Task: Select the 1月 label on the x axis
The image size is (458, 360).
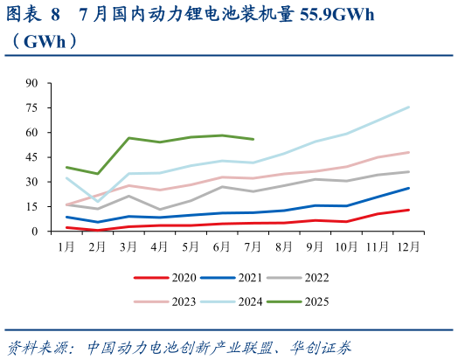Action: pyautogui.click(x=66, y=247)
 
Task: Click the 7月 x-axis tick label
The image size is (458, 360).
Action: pyautogui.click(x=253, y=247)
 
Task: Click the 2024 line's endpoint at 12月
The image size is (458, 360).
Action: pyautogui.click(x=409, y=107)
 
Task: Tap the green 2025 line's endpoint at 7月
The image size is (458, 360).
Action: pyautogui.click(x=253, y=139)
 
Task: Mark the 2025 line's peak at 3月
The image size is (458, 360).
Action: pyautogui.click(x=128, y=138)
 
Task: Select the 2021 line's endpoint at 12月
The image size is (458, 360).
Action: pyautogui.click(x=409, y=188)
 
